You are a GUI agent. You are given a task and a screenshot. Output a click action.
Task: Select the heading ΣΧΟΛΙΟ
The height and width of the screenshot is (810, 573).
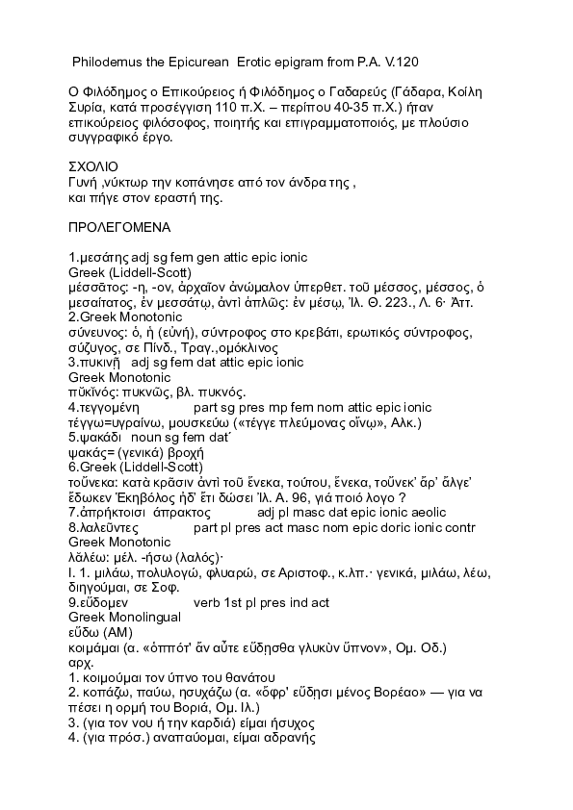pos(94,165)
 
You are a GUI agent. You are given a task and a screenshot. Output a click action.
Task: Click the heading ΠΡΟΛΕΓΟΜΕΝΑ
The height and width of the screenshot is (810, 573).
pos(118,228)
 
